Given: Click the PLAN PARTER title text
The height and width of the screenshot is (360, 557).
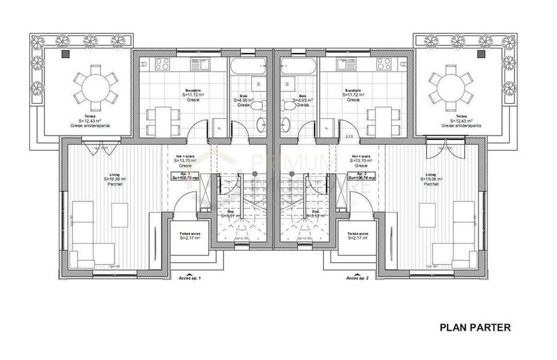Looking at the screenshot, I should [475, 327].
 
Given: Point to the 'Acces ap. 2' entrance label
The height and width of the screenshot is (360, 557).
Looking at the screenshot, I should [359, 279].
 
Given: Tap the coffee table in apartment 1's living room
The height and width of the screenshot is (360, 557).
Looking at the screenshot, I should [120, 212].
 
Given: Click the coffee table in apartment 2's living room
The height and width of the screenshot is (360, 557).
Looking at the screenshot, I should [427, 212].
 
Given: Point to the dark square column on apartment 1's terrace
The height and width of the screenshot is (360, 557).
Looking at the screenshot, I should [65, 56].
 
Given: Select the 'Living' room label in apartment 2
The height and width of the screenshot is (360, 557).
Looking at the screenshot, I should [431, 174].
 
